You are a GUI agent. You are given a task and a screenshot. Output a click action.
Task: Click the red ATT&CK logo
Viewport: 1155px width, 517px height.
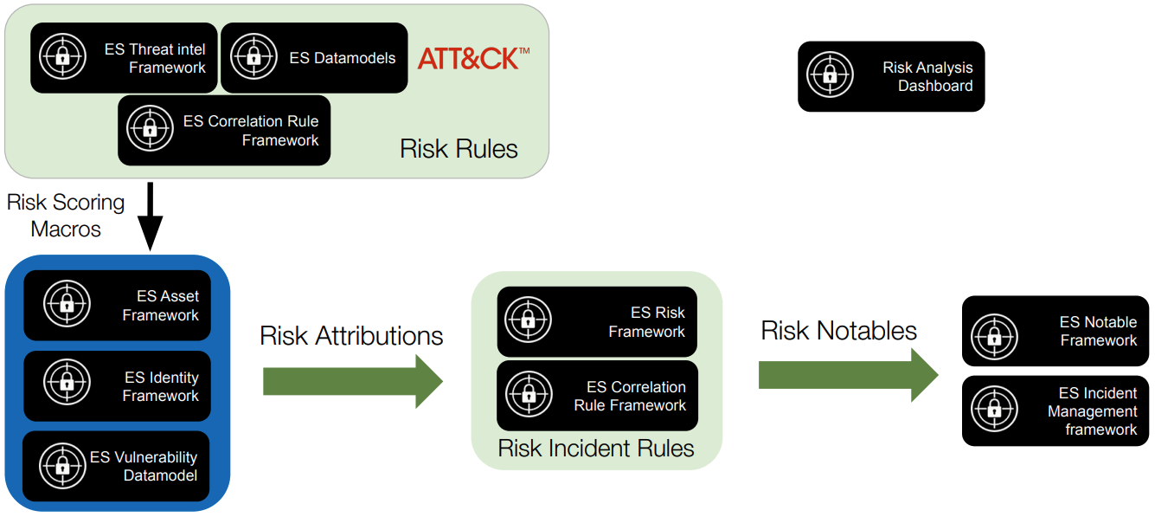(473, 58)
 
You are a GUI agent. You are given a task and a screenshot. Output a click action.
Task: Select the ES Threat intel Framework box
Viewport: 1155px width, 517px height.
(124, 58)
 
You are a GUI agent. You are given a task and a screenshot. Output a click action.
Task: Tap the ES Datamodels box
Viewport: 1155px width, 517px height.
(314, 58)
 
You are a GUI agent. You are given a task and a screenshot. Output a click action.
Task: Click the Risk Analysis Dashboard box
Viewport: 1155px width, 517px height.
(891, 76)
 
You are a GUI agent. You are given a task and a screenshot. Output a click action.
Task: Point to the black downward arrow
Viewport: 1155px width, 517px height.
(150, 216)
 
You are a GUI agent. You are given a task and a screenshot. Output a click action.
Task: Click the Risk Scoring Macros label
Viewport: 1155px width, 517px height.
(66, 216)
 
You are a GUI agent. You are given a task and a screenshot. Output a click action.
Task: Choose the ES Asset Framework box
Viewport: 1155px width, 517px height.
(117, 306)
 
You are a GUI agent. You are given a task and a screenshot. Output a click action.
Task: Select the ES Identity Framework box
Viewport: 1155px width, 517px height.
(117, 386)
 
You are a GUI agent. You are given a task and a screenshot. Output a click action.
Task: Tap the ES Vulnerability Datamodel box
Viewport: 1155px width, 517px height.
(116, 466)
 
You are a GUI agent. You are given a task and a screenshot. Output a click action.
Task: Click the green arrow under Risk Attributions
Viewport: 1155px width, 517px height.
(353, 381)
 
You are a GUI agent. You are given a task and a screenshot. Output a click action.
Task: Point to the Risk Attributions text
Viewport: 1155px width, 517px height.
(351, 336)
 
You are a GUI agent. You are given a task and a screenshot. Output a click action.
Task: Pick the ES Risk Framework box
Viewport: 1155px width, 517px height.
(597, 321)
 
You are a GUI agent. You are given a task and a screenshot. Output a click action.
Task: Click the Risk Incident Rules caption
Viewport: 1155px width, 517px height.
(595, 449)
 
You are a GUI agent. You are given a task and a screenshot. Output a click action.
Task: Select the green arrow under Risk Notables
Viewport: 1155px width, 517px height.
(848, 375)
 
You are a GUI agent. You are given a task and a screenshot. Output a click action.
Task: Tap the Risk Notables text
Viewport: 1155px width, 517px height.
(839, 331)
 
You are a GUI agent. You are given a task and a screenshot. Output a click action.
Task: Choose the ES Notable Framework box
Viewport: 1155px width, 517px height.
(1056, 331)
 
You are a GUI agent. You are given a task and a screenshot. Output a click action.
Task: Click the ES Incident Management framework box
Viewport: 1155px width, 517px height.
(1056, 410)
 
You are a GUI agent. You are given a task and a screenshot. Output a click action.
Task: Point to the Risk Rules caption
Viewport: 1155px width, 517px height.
(459, 149)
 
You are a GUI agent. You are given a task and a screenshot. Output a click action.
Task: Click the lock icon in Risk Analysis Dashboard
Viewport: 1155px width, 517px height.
(830, 74)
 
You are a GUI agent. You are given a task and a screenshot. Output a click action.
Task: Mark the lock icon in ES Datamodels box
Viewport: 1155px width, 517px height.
(253, 56)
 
